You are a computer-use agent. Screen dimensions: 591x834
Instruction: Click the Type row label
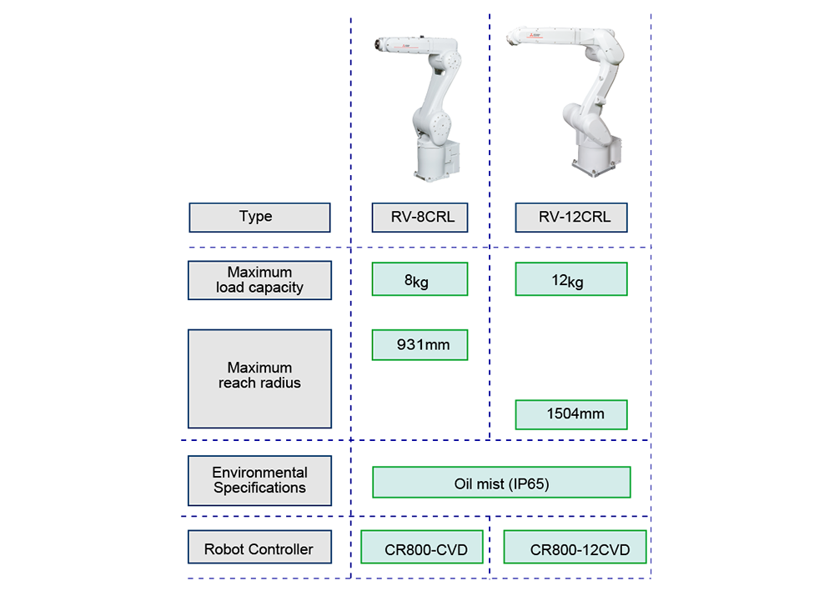click(259, 217)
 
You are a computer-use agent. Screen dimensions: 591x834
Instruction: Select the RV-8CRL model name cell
click(419, 218)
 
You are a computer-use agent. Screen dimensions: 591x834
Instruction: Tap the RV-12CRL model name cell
click(571, 218)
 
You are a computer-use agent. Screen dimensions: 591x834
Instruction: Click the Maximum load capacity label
click(259, 280)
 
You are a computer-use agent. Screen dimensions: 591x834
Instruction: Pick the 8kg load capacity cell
click(419, 280)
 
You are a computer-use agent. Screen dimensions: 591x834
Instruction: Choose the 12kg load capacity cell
click(571, 280)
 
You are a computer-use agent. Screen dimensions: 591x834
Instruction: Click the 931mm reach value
click(419, 344)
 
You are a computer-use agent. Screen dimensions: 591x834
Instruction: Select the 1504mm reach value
click(571, 413)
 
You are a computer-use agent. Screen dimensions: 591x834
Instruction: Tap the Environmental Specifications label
click(259, 480)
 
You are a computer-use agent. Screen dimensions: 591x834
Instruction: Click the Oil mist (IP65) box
click(501, 483)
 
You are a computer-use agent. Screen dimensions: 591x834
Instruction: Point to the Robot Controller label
click(259, 549)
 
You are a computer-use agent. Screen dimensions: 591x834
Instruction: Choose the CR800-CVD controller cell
click(421, 549)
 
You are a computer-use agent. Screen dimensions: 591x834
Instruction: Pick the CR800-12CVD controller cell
click(575, 549)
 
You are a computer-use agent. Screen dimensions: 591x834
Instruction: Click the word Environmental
click(259, 473)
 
